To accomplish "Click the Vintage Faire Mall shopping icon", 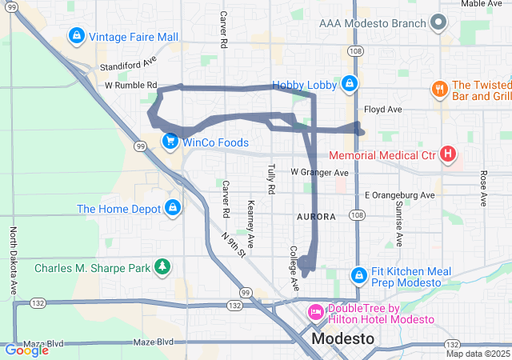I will pyautogui.click(x=77, y=36).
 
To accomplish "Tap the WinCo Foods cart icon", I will pyautogui.click(x=170, y=142).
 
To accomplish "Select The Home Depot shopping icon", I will pyautogui.click(x=172, y=209).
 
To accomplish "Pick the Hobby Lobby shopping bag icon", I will pyautogui.click(x=349, y=84).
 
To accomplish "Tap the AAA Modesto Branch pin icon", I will pyautogui.click(x=437, y=23).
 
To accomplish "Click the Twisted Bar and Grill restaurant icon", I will pyautogui.click(x=439, y=89).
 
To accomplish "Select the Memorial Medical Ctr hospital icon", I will pyautogui.click(x=448, y=154).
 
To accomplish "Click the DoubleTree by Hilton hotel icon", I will pyautogui.click(x=316, y=312).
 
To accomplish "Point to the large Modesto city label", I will pyautogui.click(x=342, y=338).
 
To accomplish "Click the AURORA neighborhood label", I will pyautogui.click(x=315, y=217).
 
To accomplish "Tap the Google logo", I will pyautogui.click(x=26, y=350).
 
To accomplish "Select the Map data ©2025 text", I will pyautogui.click(x=477, y=354).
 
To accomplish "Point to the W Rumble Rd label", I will pyautogui.click(x=130, y=85).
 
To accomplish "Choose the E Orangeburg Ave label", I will pyautogui.click(x=399, y=194).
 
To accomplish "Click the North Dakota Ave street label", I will pyautogui.click(x=14, y=261).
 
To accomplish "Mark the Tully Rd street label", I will pyautogui.click(x=271, y=178).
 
